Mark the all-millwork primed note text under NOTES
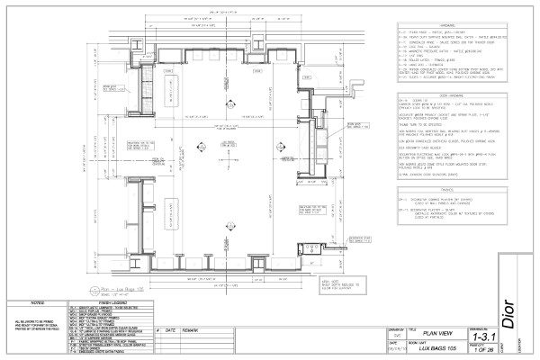35,325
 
